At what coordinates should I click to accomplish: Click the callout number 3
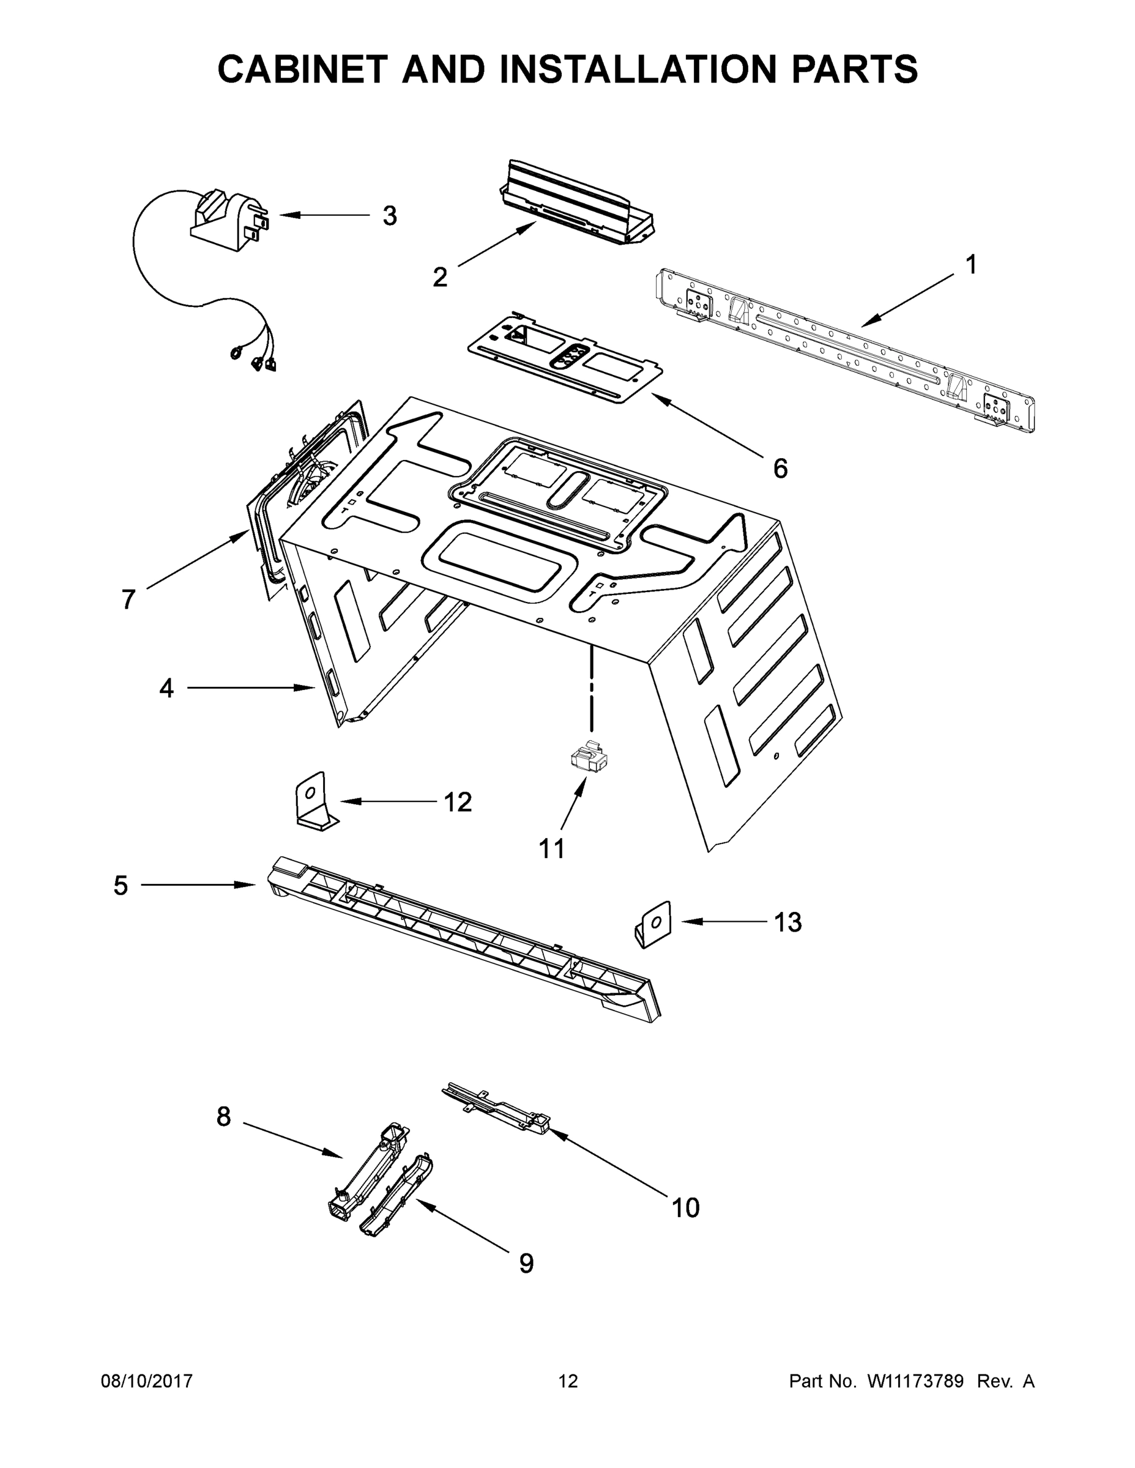click(x=389, y=217)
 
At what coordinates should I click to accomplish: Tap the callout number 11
click(x=552, y=849)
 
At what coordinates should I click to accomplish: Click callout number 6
click(x=780, y=469)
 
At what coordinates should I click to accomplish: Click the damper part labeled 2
click(x=578, y=203)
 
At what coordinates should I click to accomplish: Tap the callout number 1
click(x=971, y=265)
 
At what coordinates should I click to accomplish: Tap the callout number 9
click(x=526, y=1264)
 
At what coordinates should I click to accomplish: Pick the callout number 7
click(x=128, y=599)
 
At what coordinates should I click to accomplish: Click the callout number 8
click(x=224, y=1116)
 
